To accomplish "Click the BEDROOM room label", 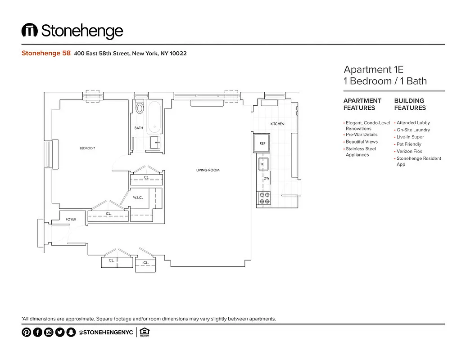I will tap(87, 148).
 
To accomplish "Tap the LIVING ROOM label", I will tap(208, 170).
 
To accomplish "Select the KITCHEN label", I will tap(277, 124).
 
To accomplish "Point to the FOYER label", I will tap(71, 219).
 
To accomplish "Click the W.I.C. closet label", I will tap(138, 198).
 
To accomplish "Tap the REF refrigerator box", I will tap(262, 143).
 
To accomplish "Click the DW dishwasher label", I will tap(266, 178).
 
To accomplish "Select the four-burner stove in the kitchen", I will tap(264, 198).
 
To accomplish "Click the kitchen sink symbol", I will tap(263, 165).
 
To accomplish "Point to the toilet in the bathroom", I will tap(140, 108).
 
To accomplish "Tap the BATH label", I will tap(139, 128).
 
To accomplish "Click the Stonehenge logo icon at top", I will tap(30, 31).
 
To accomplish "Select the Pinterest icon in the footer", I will tap(27, 333).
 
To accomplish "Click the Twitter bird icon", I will tap(60, 333).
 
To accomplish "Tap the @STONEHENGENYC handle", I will tap(105, 333).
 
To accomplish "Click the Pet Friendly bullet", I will tap(409, 144).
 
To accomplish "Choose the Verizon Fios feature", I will tap(409, 151).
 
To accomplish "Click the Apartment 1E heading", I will tap(373, 69).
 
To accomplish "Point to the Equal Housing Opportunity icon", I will tap(145, 333).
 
